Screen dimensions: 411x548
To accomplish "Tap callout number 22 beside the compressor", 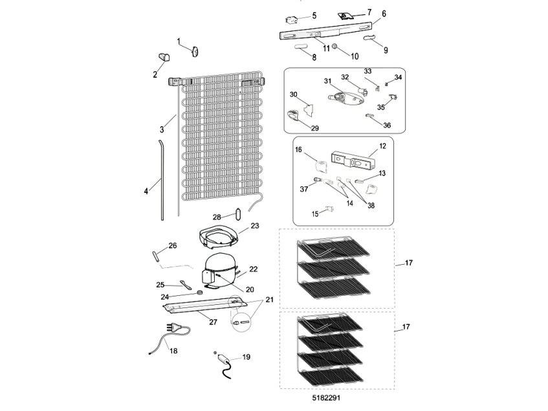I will [254, 269].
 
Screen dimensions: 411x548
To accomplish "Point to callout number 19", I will [247, 357].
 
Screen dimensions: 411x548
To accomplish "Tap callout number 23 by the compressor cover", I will [254, 226].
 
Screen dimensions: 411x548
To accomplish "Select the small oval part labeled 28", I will [238, 214].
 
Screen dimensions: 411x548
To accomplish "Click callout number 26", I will [172, 245].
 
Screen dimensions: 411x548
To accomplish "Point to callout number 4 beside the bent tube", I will [146, 191].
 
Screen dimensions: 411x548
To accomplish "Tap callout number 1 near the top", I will [179, 41].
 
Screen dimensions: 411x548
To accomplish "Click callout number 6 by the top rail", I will [384, 13].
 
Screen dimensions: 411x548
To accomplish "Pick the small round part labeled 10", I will [335, 47].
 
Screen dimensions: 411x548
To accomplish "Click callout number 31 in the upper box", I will [327, 81].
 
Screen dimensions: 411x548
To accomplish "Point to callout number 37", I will [304, 189].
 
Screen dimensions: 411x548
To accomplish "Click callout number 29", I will [314, 128].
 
